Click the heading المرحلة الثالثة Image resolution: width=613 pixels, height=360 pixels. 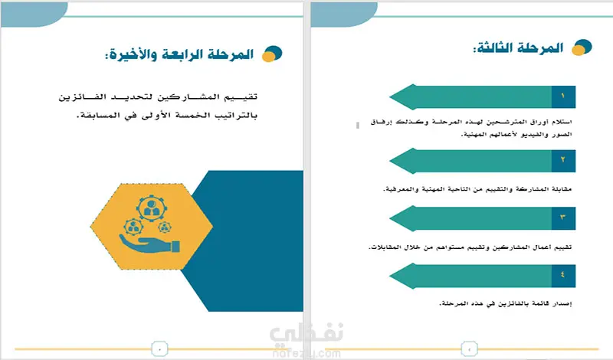(519, 47)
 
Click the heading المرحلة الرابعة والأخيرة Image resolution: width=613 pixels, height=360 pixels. (179, 54)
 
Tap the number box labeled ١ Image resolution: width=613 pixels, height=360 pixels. (563, 97)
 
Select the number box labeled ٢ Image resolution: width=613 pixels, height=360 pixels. (563, 161)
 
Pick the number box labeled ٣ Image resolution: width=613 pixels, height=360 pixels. (563, 218)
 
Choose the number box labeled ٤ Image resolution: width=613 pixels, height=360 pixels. (563, 276)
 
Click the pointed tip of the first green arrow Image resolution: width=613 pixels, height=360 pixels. (390, 97)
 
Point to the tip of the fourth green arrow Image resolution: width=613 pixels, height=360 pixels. (390, 277)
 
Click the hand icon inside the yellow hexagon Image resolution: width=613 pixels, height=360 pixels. (149, 244)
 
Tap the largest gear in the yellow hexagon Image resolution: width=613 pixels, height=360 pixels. (152, 209)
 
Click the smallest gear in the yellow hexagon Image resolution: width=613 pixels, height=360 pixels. (165, 227)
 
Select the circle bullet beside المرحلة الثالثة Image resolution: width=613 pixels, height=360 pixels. (582, 47)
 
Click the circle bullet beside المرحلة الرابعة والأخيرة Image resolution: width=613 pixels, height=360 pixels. (272, 54)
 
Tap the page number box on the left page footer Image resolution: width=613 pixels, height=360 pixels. (159, 349)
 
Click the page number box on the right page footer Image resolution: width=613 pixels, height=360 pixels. (470, 349)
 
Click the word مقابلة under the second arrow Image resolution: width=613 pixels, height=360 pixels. (562, 189)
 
